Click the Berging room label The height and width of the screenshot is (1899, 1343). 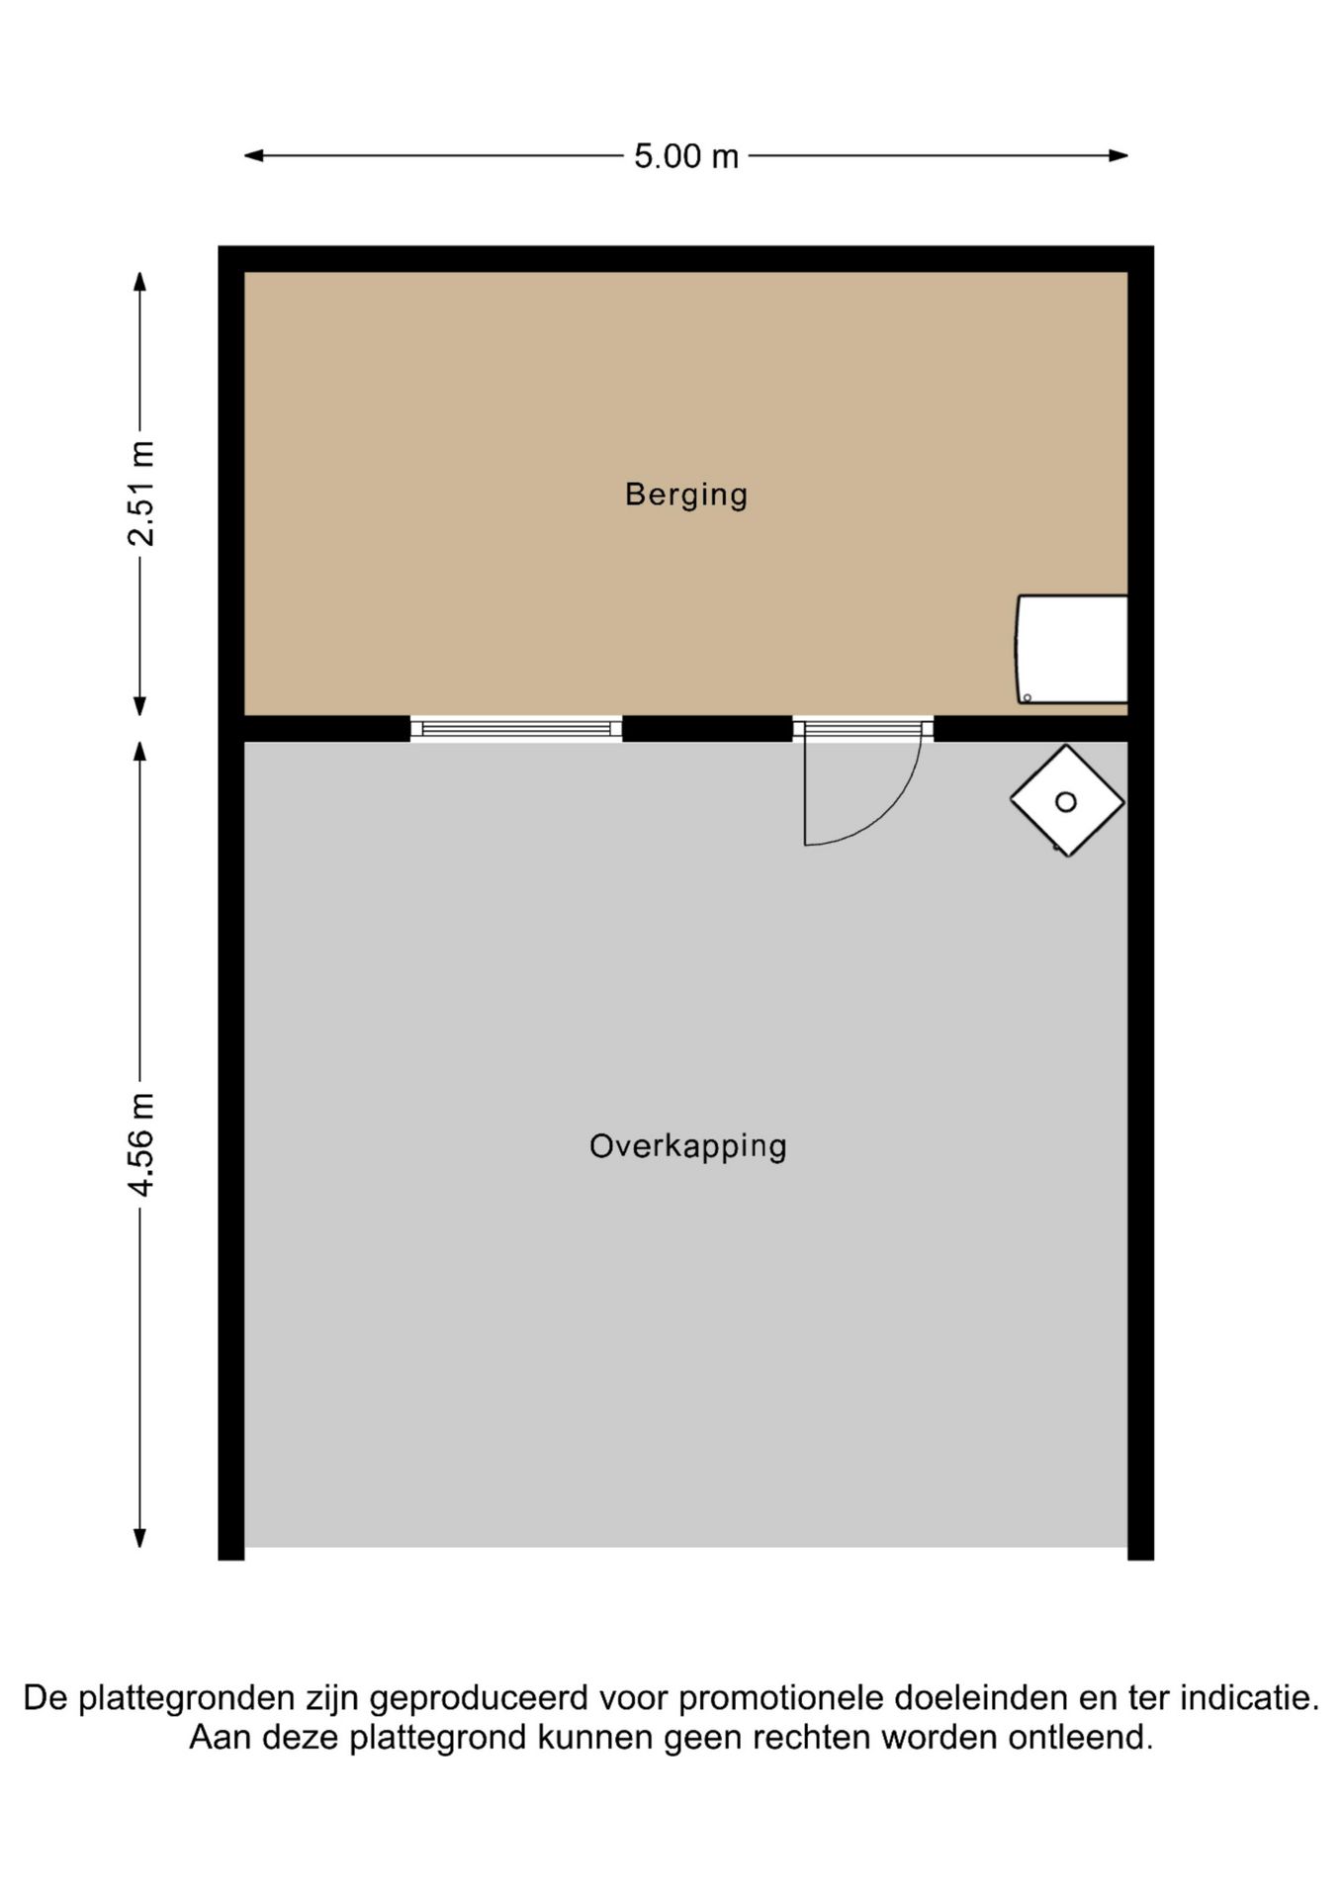685,494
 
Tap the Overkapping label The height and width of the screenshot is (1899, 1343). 687,1145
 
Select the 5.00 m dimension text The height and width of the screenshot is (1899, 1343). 686,156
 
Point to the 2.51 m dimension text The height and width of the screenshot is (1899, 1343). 141,494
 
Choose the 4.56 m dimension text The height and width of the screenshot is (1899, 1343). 141,1144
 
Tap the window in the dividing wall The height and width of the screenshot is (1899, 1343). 516,729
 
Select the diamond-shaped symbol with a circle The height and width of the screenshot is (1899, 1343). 1067,800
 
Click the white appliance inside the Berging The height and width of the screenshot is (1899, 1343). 1073,649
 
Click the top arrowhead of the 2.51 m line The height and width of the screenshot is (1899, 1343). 140,282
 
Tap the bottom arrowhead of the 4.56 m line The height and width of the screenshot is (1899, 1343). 140,1537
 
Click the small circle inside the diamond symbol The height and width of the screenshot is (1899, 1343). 1066,802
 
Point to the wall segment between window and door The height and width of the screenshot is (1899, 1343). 707,729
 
